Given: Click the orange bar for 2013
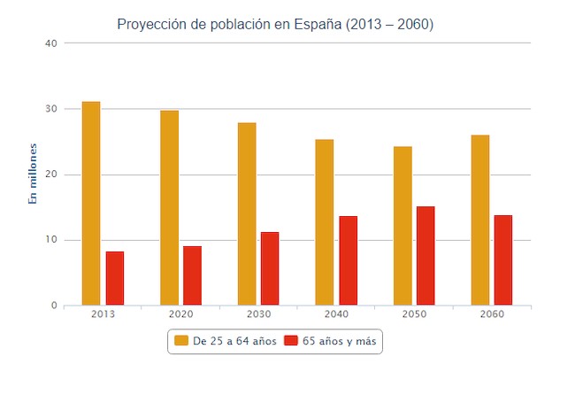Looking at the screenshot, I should tap(91, 204).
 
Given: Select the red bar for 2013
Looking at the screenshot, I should tap(115, 278).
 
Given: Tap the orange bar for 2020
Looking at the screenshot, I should tap(169, 208).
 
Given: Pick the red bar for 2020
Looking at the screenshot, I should tap(192, 275).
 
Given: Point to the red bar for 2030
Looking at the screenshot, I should tap(270, 268).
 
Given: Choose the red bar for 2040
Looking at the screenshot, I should tap(348, 260).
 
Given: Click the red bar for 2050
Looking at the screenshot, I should tap(425, 256).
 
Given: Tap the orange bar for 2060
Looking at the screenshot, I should tap(480, 221).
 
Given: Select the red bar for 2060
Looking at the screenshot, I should tap(503, 260).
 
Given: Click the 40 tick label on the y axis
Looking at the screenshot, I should tap(50, 43).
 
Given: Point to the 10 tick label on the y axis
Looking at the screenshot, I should tap(50, 240).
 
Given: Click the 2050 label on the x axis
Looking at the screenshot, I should tap(414, 315).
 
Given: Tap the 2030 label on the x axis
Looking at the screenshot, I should tap(258, 315).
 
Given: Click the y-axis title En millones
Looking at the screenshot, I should tap(33, 174).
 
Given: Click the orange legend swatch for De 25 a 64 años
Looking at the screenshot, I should tap(181, 340).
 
